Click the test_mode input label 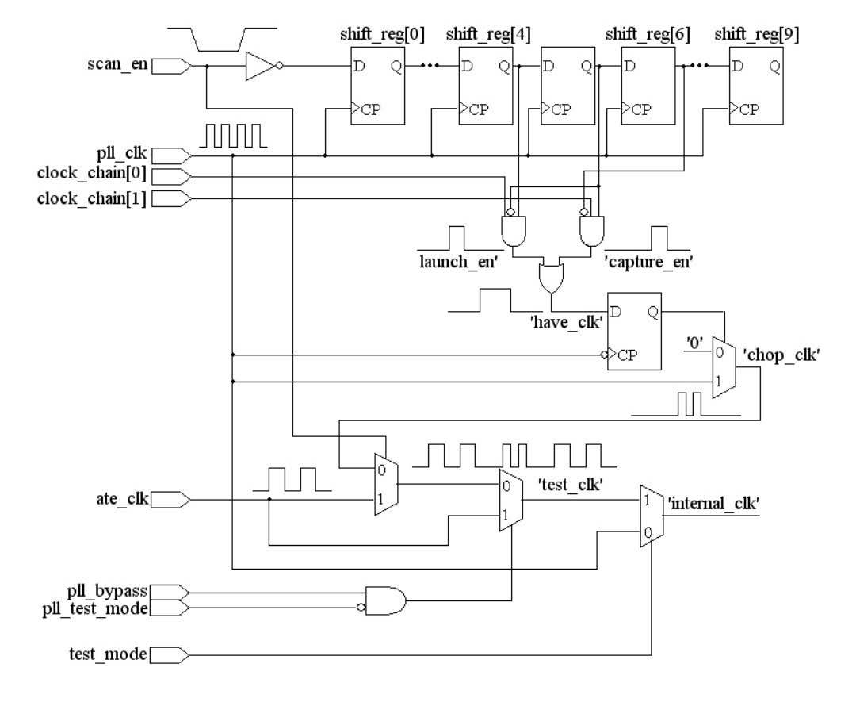coord(108,655)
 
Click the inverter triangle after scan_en coord(258,67)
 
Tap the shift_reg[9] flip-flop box coord(755,86)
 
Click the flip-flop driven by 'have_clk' coord(634,331)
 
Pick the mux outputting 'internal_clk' coord(651,516)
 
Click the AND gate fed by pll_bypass coord(385,600)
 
